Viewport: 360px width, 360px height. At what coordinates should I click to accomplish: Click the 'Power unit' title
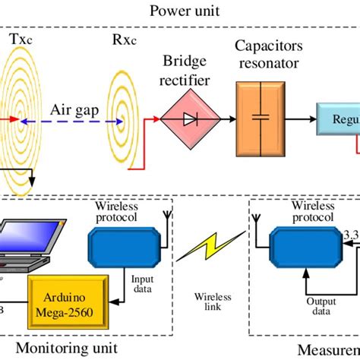[180, 11]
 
